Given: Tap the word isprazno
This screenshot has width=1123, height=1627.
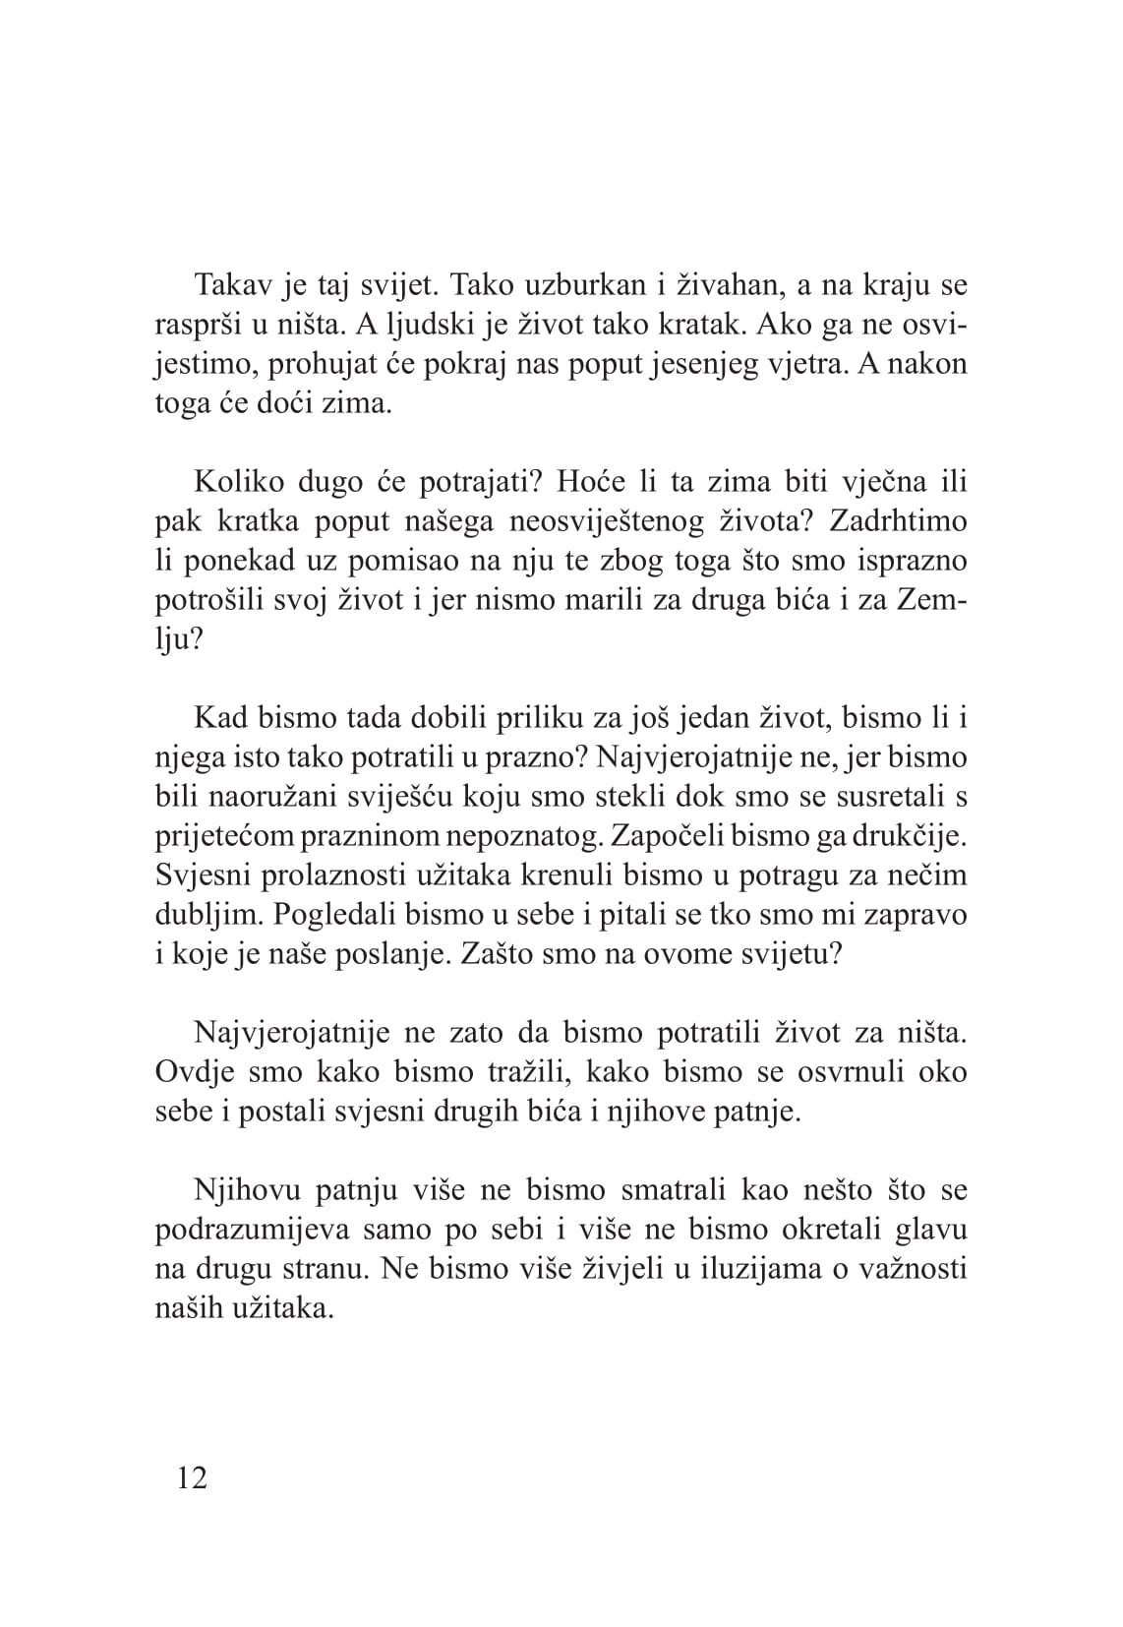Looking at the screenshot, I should (905, 561).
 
